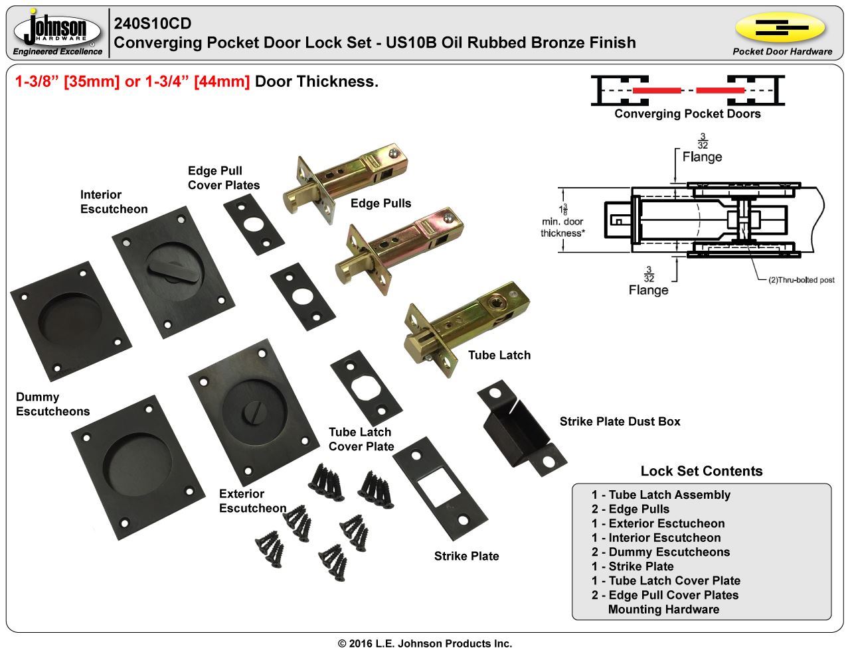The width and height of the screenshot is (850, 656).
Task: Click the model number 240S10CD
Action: click(153, 24)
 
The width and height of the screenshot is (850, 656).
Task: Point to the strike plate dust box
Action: click(521, 427)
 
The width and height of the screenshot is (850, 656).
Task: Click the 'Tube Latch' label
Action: click(499, 356)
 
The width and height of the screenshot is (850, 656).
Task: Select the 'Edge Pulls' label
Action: click(381, 204)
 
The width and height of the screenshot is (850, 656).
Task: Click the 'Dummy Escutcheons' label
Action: click(52, 404)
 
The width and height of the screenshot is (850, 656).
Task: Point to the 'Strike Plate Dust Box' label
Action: click(620, 421)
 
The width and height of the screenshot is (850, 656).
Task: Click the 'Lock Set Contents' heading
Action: click(701, 471)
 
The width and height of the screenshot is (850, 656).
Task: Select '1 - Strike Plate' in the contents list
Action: click(632, 566)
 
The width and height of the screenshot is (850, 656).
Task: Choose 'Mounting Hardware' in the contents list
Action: click(663, 610)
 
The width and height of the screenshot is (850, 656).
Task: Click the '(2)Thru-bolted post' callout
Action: click(801, 280)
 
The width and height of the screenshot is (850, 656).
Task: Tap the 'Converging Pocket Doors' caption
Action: click(687, 113)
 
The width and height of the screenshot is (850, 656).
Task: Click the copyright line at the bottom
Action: click(425, 643)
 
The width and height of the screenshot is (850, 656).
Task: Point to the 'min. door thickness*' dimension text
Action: click(562, 228)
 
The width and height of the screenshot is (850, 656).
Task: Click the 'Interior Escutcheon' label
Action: click(114, 202)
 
